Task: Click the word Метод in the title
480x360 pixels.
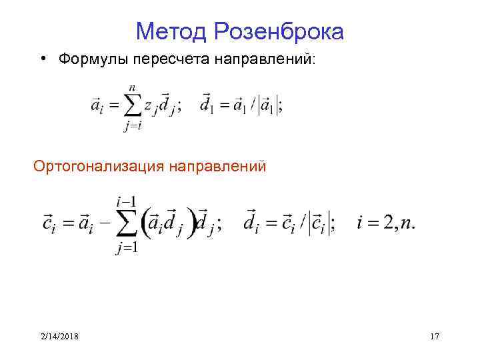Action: [171, 31]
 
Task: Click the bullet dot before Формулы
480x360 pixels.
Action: [42, 59]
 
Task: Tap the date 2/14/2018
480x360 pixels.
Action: [59, 337]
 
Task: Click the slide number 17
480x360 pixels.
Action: [435, 337]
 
